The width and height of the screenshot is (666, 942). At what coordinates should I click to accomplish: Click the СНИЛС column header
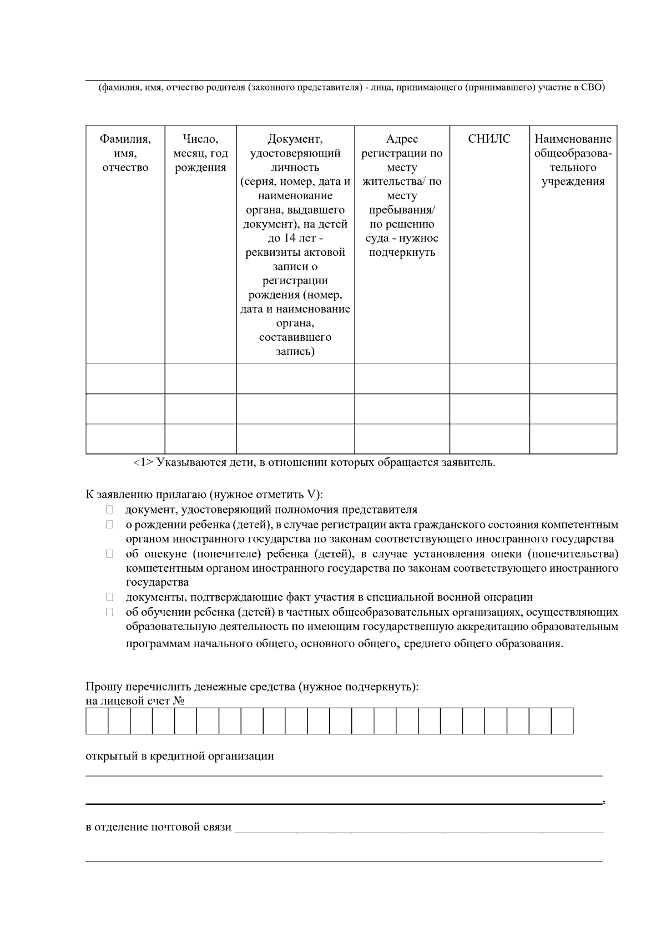click(x=489, y=139)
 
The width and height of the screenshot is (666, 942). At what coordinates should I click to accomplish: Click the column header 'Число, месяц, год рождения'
click(x=200, y=153)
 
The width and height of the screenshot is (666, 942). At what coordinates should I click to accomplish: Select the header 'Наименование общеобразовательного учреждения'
click(x=573, y=160)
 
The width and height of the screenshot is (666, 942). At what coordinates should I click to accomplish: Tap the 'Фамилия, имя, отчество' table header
click(x=125, y=153)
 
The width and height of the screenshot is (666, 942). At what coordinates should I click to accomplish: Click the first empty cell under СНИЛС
click(x=489, y=379)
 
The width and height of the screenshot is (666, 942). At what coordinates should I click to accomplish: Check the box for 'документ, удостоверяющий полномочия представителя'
click(x=109, y=510)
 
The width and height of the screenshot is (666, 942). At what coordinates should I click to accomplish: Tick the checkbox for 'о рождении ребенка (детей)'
click(x=109, y=525)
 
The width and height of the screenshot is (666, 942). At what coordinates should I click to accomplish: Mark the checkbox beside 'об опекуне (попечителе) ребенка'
click(x=109, y=554)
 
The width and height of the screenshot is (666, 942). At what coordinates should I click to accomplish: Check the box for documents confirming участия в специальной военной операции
click(x=109, y=597)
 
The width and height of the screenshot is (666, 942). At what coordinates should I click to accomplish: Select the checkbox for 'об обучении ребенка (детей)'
click(x=109, y=612)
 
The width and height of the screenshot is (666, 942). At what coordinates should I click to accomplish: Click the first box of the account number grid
click(x=97, y=721)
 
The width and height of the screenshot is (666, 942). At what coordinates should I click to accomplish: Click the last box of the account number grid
click(x=562, y=721)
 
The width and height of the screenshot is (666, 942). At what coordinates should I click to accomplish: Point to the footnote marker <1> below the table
click(x=143, y=462)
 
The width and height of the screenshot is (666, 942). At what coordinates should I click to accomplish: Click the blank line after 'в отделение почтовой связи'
click(x=419, y=828)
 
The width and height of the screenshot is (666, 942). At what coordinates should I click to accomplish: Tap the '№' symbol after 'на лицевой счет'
click(x=179, y=701)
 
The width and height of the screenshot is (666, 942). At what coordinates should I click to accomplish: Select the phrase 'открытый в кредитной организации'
click(x=180, y=757)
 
